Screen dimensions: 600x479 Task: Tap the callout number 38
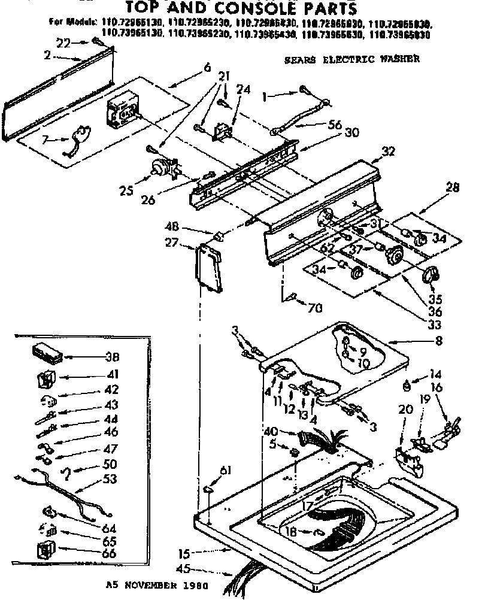point(111,357)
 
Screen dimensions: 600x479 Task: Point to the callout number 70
point(315,309)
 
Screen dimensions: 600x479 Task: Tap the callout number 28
point(453,187)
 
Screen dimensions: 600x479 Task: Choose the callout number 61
point(225,470)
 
